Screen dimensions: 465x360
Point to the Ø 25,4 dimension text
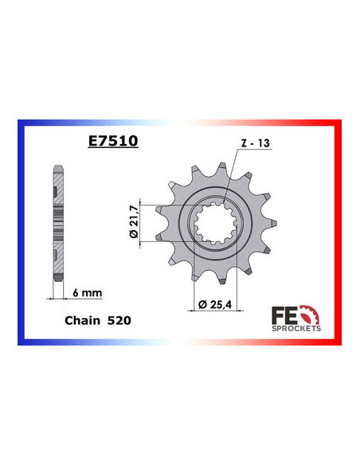point(214,305)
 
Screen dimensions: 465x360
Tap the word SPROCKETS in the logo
point(298,328)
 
